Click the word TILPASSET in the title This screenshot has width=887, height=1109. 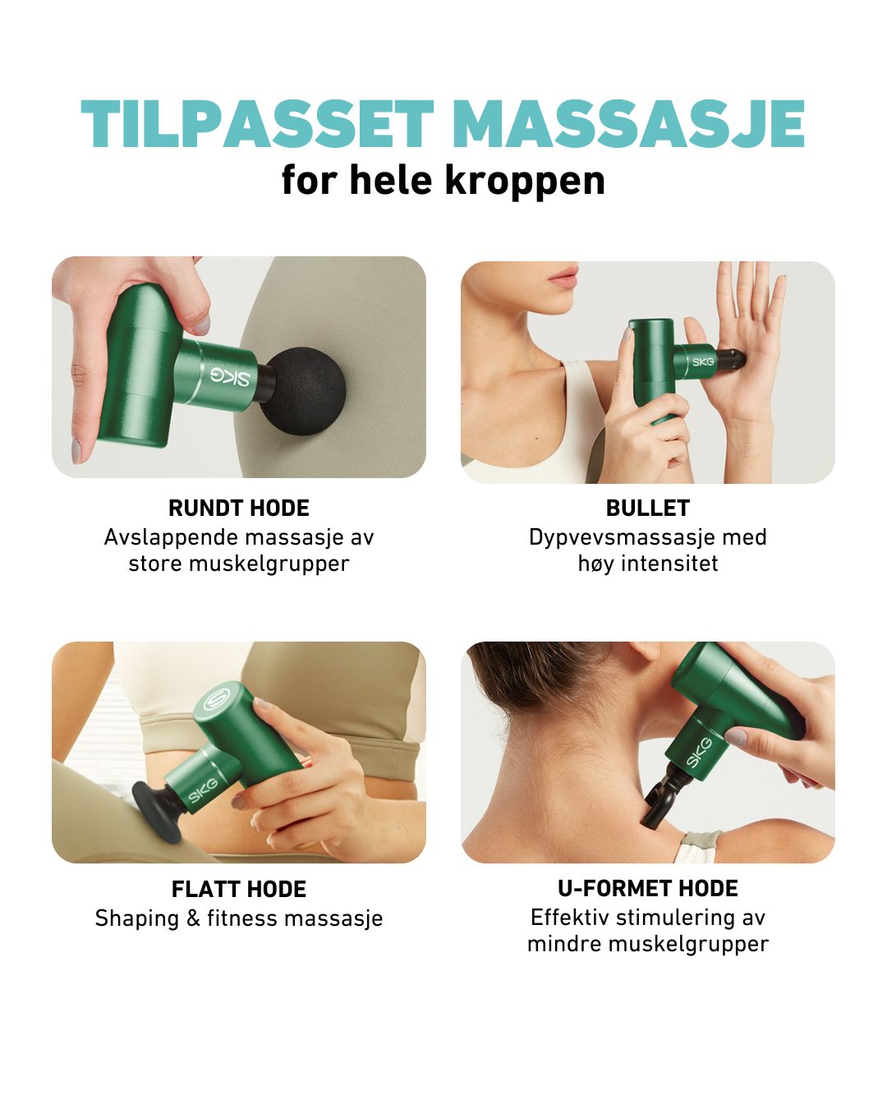click(x=257, y=125)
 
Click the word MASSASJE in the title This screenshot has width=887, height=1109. click(x=627, y=125)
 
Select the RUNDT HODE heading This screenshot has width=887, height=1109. click(x=239, y=508)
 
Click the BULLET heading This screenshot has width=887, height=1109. click(x=648, y=508)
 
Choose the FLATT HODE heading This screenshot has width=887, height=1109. click(x=239, y=889)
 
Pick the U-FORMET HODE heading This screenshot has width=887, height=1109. click(x=648, y=888)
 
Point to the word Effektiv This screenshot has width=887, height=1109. click(x=569, y=918)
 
